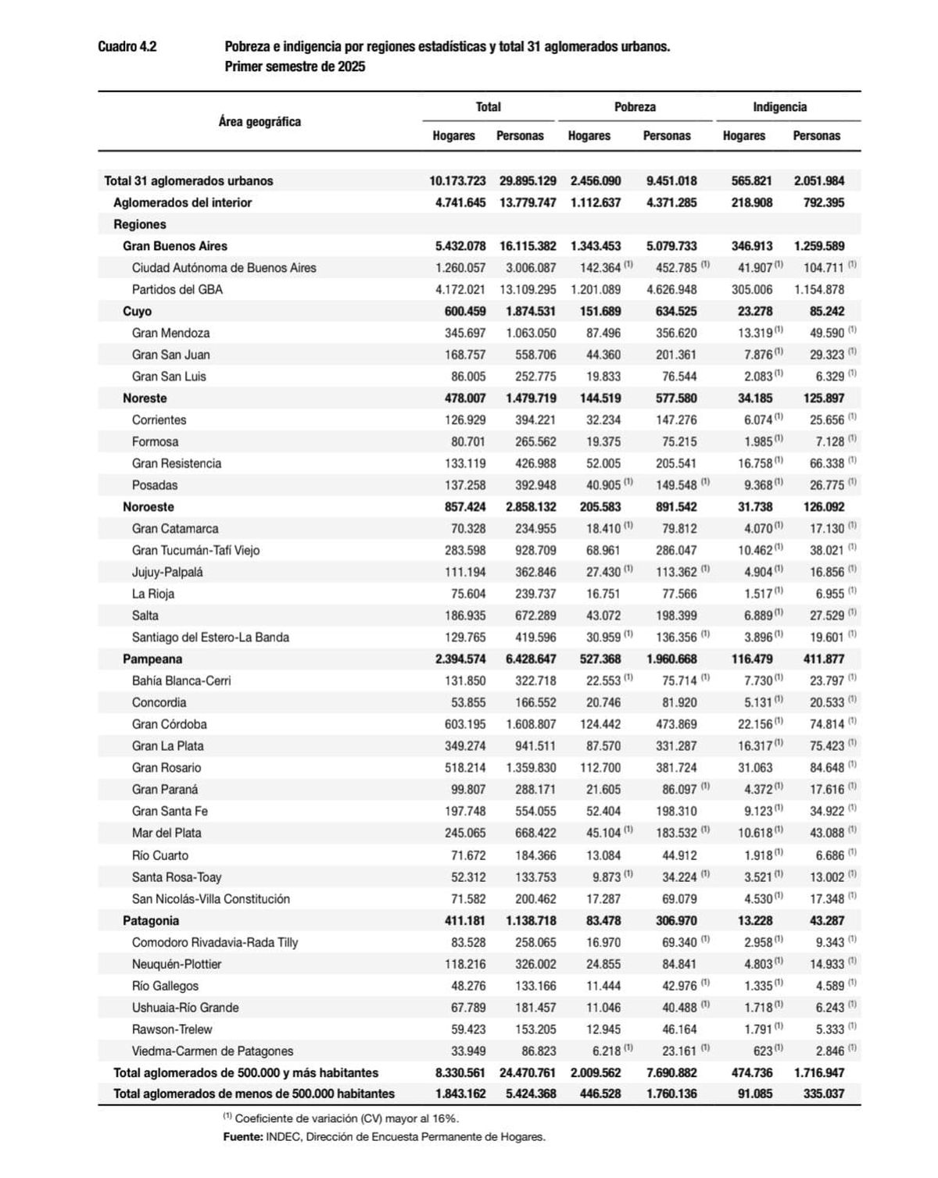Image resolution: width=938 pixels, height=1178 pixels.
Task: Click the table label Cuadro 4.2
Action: [127, 47]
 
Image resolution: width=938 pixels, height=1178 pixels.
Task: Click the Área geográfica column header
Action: [260, 122]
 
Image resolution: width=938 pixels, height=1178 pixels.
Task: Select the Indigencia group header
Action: [779, 107]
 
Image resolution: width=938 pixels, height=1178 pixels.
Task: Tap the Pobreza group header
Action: [634, 107]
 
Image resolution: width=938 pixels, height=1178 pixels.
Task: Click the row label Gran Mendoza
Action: [170, 333]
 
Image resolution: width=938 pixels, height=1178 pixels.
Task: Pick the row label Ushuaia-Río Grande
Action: [185, 1008]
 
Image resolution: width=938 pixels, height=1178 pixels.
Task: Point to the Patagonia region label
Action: [151, 920]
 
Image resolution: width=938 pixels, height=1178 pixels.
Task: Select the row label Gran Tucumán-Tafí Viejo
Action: [195, 550]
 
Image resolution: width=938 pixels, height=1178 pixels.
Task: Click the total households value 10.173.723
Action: [457, 180]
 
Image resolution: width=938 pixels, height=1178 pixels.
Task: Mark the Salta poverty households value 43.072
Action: [603, 616]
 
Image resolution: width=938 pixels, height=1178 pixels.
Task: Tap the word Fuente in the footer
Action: [242, 1137]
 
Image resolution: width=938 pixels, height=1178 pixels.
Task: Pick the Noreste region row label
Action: [145, 398]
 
